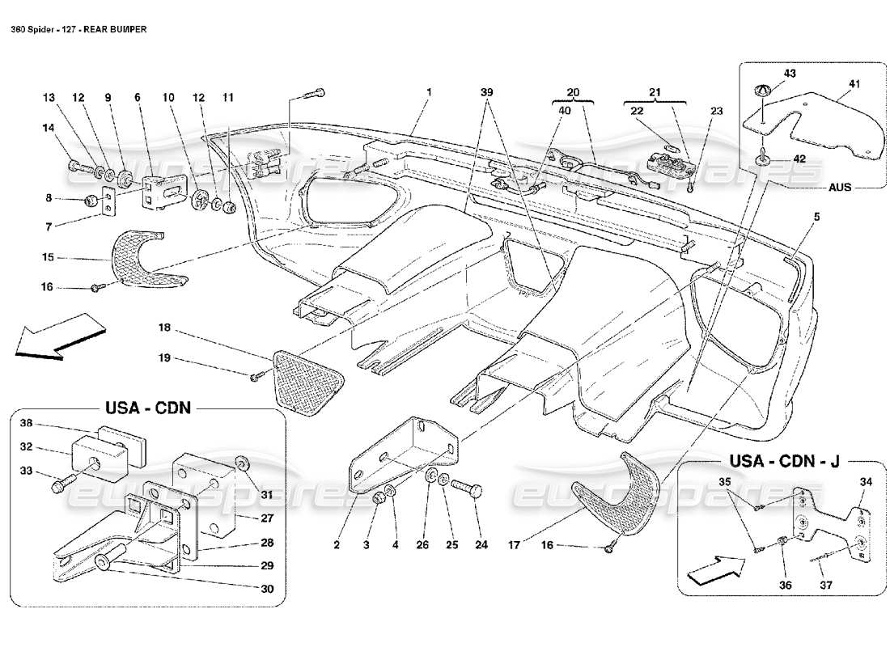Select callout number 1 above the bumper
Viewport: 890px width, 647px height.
428,91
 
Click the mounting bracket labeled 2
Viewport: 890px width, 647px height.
405,457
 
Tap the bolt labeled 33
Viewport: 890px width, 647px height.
61,487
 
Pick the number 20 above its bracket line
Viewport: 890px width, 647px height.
573,91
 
